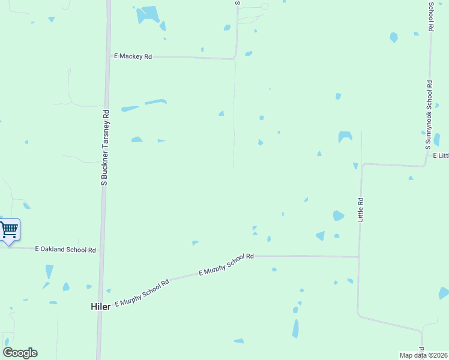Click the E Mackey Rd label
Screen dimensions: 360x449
pos(133,56)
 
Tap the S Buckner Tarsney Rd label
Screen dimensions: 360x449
pos(105,147)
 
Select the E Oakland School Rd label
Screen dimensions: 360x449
pos(65,249)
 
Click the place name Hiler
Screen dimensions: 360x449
pos(100,306)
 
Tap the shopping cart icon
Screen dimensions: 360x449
pos(8,229)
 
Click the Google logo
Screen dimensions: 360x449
pos(20,353)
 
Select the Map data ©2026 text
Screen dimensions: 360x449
pos(424,355)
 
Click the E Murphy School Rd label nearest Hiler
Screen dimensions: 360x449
pos(142,292)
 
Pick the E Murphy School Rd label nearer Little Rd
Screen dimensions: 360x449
pos(226,265)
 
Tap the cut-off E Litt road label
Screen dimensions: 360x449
pos(441,155)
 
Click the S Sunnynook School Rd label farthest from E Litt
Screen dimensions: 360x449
pos(431,16)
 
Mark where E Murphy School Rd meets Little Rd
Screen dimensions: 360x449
pos(359,257)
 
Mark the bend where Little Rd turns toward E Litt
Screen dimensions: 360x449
pos(362,165)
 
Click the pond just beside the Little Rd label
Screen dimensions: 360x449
pos(339,215)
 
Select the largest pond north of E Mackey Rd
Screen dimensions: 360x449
pos(148,14)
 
